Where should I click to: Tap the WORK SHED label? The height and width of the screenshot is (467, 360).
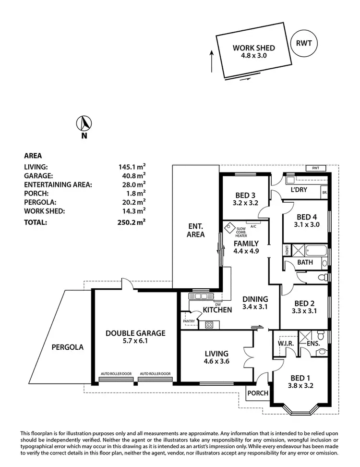point(253,48)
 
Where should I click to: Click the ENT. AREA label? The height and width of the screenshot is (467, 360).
point(196,231)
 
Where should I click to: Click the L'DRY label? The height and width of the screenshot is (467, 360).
point(299,190)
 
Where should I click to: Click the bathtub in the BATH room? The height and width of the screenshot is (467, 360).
point(315,250)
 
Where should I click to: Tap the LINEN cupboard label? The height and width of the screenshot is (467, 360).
point(287,250)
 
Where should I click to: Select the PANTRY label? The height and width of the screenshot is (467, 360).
point(188,321)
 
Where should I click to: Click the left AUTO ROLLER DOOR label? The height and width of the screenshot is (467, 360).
point(115,373)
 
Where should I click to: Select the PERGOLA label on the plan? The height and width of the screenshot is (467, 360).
point(67,346)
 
